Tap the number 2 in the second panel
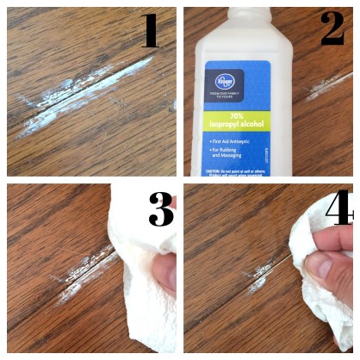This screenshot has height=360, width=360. click(x=332, y=30)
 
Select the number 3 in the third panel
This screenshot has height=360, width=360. click(x=159, y=209)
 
